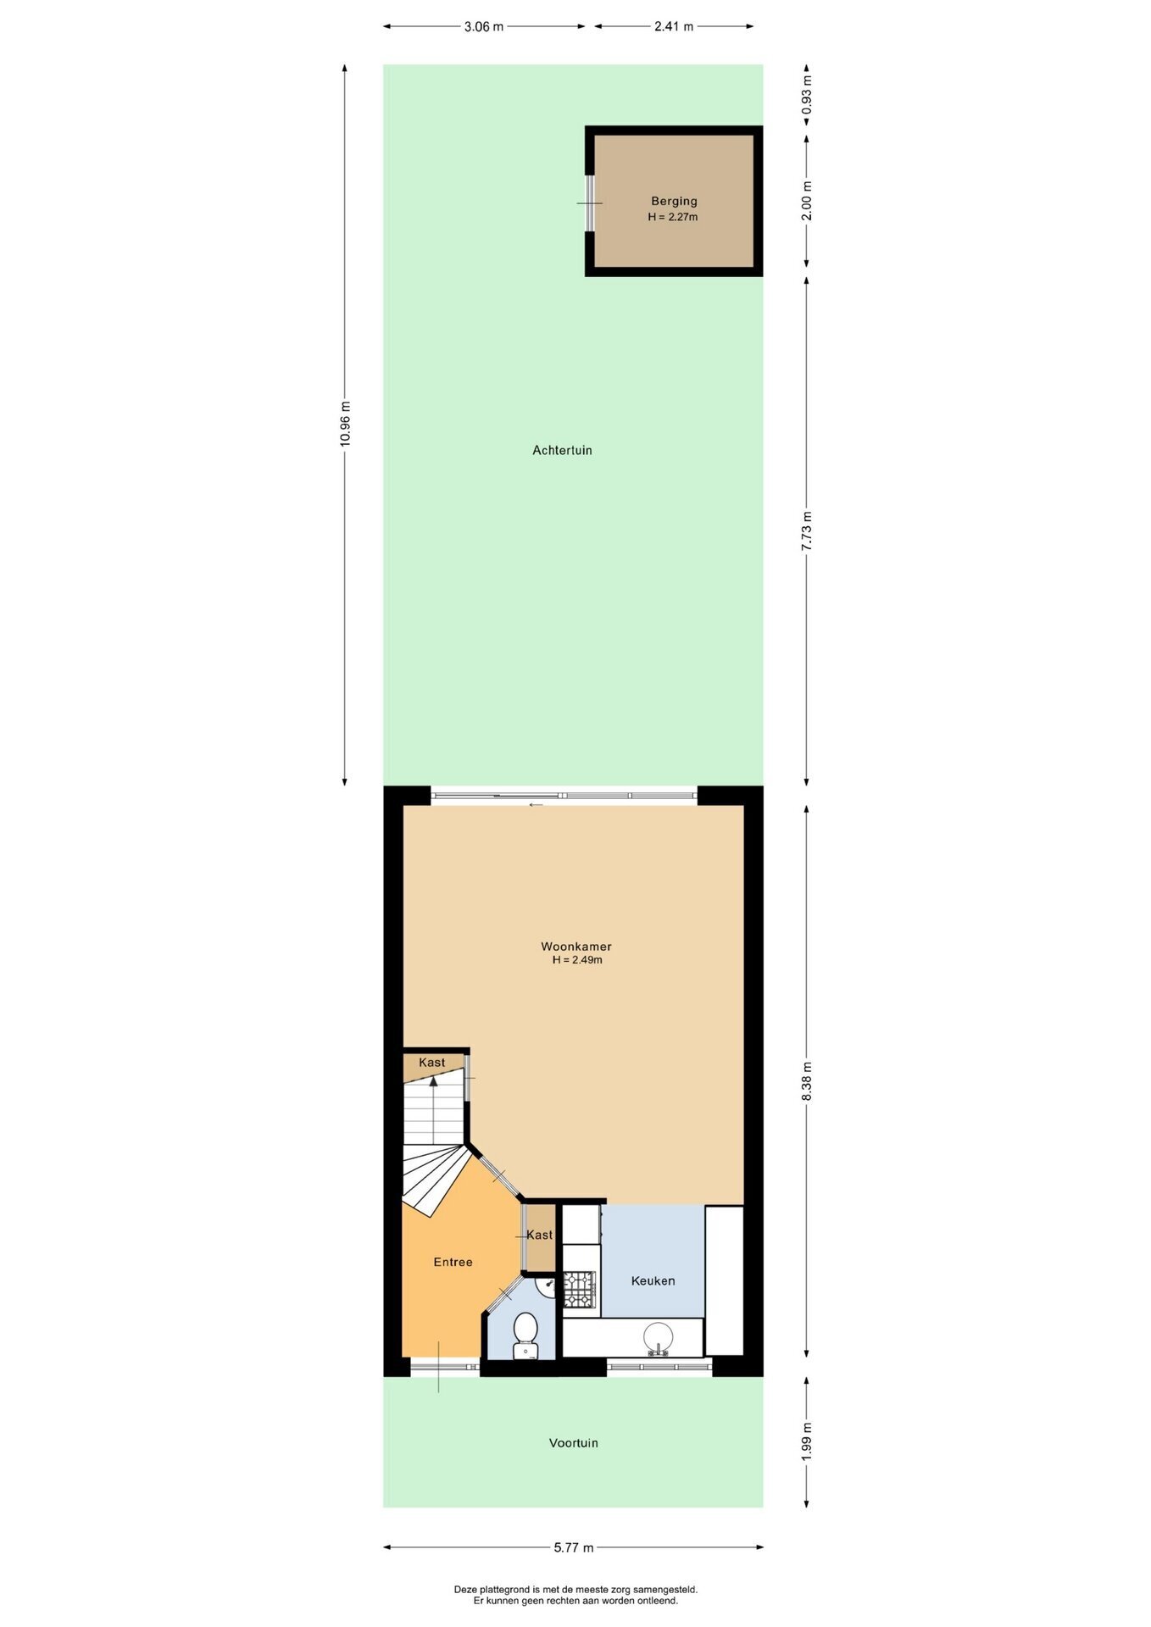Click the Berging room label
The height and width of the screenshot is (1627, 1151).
[x=674, y=202]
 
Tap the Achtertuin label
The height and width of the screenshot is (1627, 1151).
[x=562, y=451]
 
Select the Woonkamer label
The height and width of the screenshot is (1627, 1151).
[x=576, y=947]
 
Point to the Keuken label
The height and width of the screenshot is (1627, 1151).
[x=653, y=1280]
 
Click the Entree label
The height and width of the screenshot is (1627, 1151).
[x=453, y=1262]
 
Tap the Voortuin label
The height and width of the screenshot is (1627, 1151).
[x=573, y=1442]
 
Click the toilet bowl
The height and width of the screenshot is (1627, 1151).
[x=525, y=1335]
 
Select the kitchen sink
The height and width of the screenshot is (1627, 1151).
[x=658, y=1338]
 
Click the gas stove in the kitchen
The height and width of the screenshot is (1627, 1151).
[x=580, y=1289]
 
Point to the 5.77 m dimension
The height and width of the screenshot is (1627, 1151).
[x=574, y=1547]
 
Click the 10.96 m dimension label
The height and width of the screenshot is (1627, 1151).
[x=344, y=424]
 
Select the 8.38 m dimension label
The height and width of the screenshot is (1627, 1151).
[x=807, y=1081]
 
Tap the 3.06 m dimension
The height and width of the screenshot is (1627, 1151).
[x=483, y=26]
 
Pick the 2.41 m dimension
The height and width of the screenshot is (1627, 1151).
[x=674, y=26]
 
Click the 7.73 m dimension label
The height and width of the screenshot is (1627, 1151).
[x=807, y=531]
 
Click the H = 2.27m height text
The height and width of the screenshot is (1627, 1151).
[x=673, y=217]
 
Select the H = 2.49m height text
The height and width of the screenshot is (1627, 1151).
[x=577, y=960]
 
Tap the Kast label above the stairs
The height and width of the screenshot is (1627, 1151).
[x=431, y=1062]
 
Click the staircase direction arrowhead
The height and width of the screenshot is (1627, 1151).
[x=433, y=1080]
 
